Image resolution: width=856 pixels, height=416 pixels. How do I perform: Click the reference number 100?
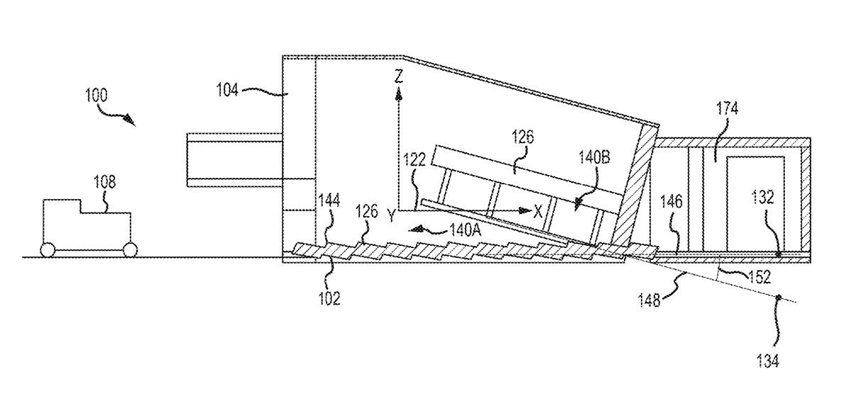(x=97, y=96)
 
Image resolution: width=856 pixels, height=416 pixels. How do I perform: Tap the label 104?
(x=228, y=90)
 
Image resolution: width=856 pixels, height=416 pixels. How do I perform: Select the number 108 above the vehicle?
(x=105, y=182)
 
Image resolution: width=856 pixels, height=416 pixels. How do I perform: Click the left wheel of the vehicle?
(x=48, y=250)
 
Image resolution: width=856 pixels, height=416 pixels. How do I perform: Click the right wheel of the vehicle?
(x=130, y=250)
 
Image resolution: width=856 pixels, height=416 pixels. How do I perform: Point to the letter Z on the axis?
(x=399, y=77)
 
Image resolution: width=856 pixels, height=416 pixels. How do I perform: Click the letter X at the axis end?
(x=538, y=211)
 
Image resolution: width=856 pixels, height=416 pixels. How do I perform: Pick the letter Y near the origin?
(x=390, y=216)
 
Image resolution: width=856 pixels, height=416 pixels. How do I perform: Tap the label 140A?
(x=465, y=230)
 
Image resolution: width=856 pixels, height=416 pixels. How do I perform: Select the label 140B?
(x=594, y=157)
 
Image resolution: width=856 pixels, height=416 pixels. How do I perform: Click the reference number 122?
(x=415, y=159)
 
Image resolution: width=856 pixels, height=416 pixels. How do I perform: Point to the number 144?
(x=329, y=201)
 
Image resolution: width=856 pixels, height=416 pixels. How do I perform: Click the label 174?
(x=728, y=108)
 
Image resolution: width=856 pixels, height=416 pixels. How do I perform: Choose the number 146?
(x=671, y=201)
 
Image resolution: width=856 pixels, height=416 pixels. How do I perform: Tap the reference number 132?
(x=763, y=197)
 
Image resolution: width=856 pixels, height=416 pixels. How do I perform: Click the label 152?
(x=759, y=277)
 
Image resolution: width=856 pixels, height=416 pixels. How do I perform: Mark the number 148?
(x=649, y=300)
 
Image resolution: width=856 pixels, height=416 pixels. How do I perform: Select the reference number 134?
(x=768, y=361)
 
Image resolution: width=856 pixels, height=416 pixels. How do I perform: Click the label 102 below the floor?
(x=329, y=298)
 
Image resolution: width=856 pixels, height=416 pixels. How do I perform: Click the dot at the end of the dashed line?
(x=777, y=297)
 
